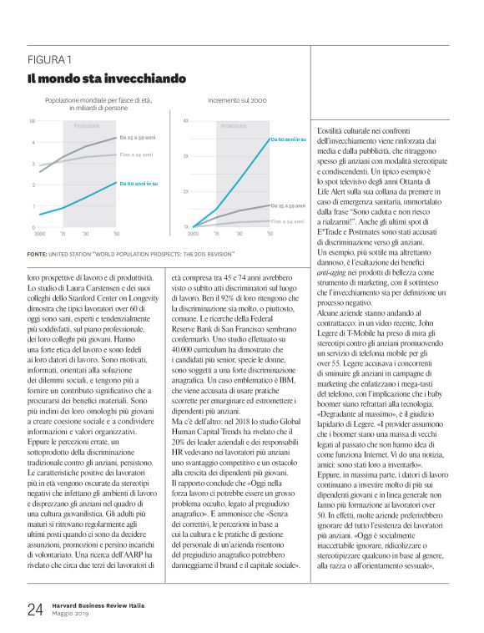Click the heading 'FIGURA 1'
48,61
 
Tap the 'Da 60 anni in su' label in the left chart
139,182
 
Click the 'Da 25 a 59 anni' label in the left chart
138,137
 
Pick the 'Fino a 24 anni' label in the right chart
289,221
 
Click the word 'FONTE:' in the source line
36,253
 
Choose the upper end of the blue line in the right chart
269,139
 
